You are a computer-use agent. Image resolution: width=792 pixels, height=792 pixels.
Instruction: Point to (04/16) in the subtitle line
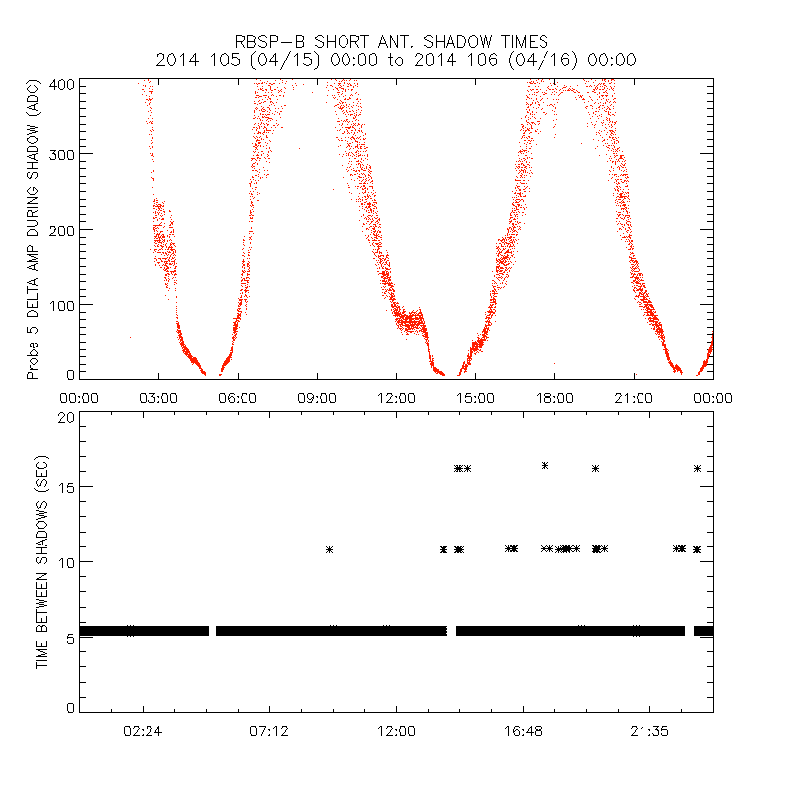(546, 60)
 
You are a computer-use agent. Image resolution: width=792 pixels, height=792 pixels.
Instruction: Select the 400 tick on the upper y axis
(61, 83)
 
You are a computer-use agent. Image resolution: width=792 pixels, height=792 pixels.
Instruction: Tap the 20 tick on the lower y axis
(66, 418)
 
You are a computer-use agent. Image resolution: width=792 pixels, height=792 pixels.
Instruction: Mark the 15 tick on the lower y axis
(66, 488)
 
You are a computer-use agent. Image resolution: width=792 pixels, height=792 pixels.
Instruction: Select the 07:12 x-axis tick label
(269, 730)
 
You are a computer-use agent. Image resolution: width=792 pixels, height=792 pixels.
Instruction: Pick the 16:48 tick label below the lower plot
(523, 730)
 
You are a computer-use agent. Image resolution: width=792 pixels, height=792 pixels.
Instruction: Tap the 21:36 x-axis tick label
(649, 730)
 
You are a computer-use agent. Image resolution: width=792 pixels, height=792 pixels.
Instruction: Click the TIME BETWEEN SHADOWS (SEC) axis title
(42, 562)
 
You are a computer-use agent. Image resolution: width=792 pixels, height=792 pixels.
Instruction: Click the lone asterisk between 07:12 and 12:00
(330, 549)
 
